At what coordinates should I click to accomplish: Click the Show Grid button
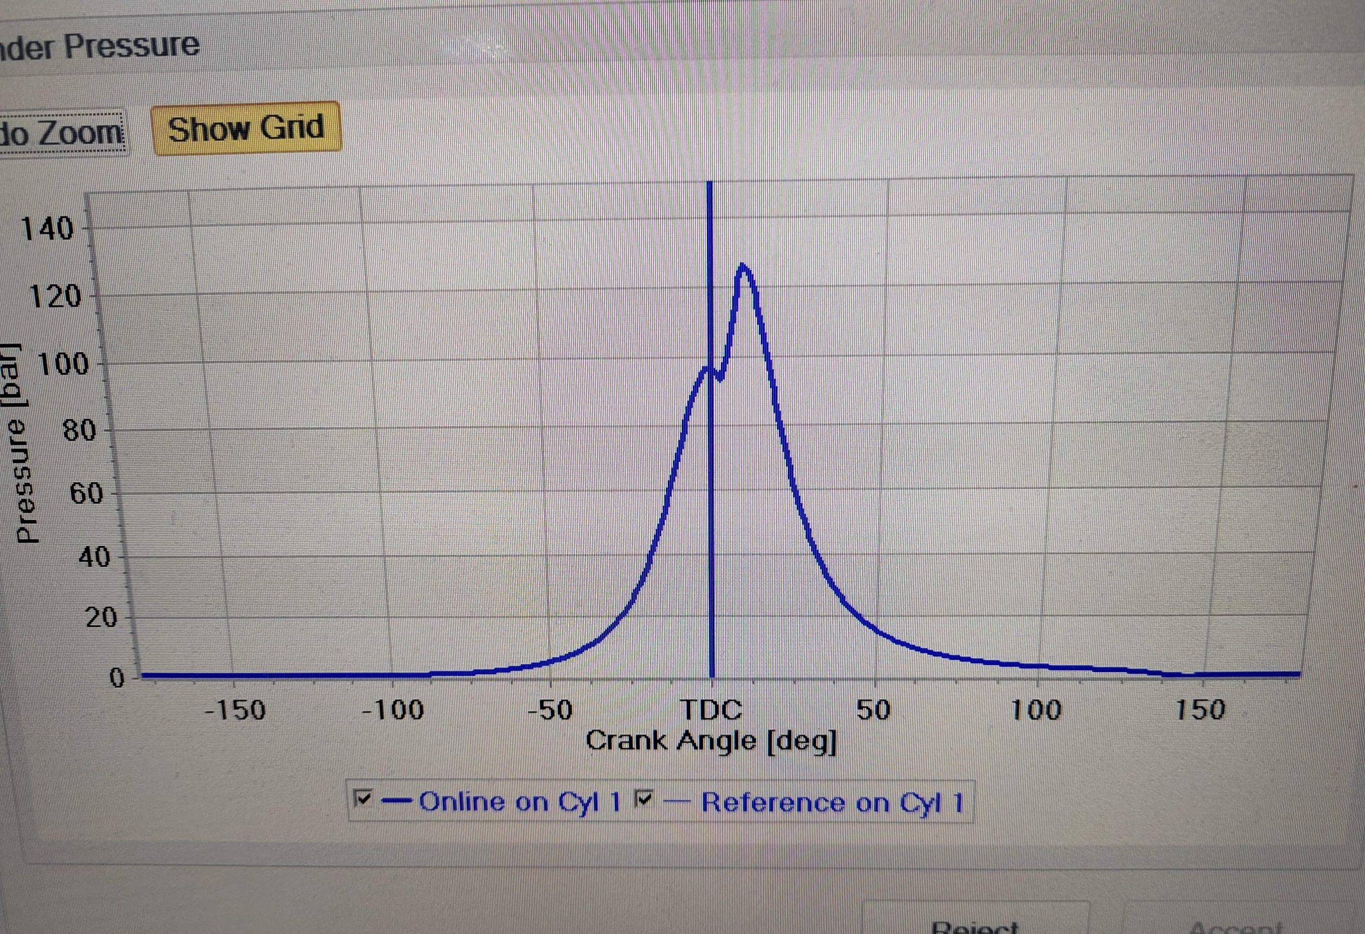246,128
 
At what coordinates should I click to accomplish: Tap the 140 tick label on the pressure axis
47,228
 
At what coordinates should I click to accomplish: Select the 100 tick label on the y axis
63,364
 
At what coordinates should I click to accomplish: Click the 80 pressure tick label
79,430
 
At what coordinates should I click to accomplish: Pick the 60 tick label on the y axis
86,493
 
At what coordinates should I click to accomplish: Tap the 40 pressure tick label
94,556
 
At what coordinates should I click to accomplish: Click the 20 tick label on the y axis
102,617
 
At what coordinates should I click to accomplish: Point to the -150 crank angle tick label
236,710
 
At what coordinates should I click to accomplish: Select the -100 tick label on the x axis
392,710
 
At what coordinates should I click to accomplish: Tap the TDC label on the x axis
711,710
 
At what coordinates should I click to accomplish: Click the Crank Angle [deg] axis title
711,741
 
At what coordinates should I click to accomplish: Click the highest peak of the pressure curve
744,266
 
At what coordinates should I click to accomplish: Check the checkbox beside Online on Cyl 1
364,798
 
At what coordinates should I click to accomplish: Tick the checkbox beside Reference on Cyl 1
645,799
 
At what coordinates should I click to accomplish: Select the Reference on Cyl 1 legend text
832,802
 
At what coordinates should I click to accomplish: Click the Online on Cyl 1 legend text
519,802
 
